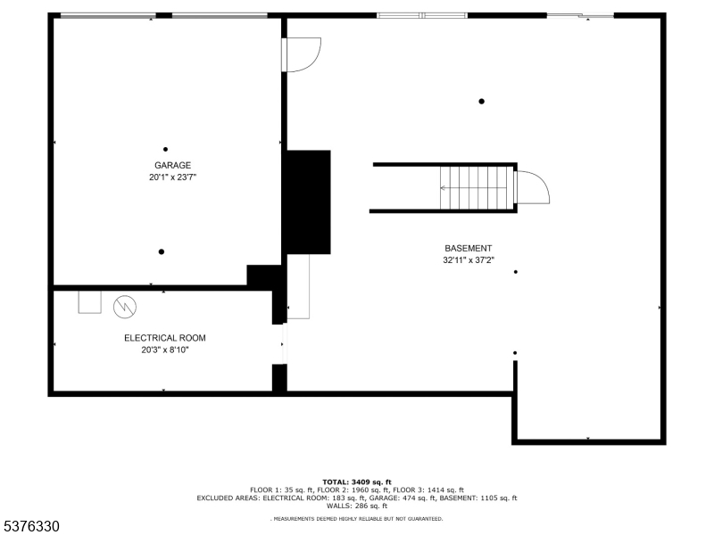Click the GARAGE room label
pyautogui.click(x=172, y=165)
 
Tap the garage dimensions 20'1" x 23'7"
pyautogui.click(x=172, y=177)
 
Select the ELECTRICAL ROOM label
pyautogui.click(x=164, y=338)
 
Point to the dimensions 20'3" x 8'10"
pyautogui.click(x=164, y=350)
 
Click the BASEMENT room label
pyautogui.click(x=468, y=249)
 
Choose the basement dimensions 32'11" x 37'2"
pyautogui.click(x=468, y=261)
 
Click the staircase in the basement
pyautogui.click(x=478, y=187)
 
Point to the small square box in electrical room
pyautogui.click(x=90, y=302)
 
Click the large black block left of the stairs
pyautogui.click(x=307, y=202)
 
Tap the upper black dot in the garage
pyautogui.click(x=165, y=149)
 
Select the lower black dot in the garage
pyautogui.click(x=162, y=251)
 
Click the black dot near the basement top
pyautogui.click(x=481, y=102)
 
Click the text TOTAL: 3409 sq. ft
pyautogui.click(x=357, y=481)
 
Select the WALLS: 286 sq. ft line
pyautogui.click(x=357, y=506)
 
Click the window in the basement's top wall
pyautogui.click(x=422, y=15)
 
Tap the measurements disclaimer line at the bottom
pyautogui.click(x=357, y=518)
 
